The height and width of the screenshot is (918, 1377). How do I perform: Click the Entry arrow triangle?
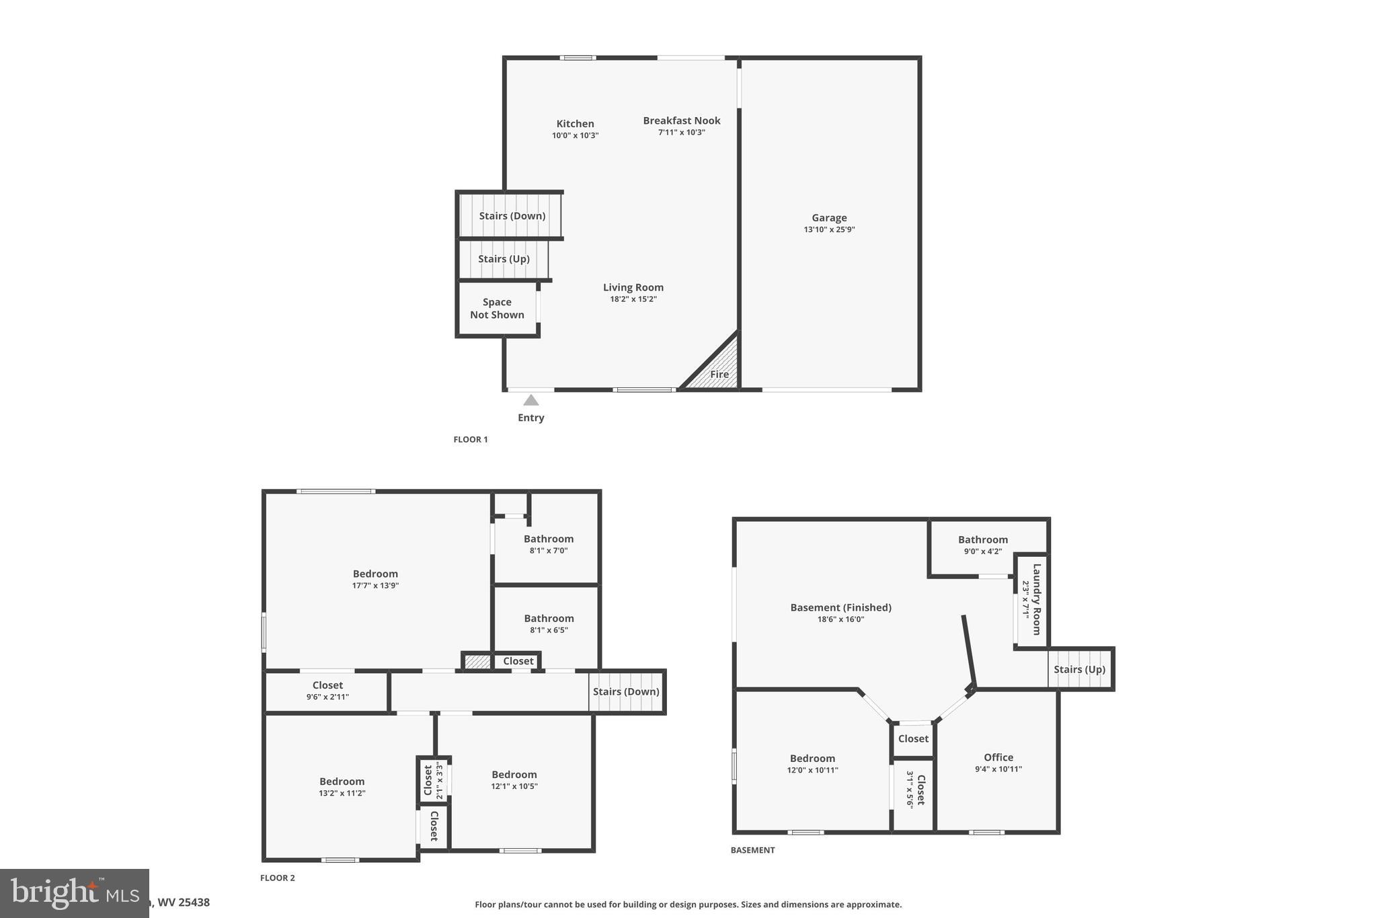click(531, 400)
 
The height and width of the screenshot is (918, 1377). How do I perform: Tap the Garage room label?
click(829, 218)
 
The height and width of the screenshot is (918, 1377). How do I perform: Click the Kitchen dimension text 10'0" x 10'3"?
click(575, 135)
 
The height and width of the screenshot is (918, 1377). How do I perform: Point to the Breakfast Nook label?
click(681, 121)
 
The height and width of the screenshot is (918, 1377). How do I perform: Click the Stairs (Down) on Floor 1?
click(512, 216)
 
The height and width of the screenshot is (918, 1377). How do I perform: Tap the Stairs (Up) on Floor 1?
click(504, 259)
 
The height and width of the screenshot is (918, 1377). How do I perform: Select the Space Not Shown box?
click(497, 309)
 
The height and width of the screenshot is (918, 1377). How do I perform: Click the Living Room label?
click(633, 288)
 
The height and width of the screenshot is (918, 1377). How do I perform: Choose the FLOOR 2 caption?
click(278, 878)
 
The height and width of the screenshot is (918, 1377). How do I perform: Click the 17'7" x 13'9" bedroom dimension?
click(375, 585)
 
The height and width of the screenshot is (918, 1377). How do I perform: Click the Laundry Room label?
click(1036, 599)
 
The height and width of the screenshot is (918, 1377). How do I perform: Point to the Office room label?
click(998, 757)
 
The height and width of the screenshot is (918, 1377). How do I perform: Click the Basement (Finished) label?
click(840, 608)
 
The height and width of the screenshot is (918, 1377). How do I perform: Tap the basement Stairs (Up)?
click(1079, 669)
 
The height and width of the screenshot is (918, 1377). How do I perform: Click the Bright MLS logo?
click(74, 892)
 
